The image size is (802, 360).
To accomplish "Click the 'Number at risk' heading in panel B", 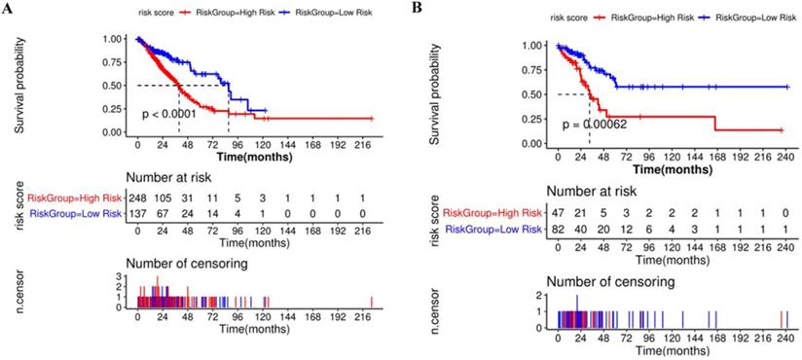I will (595, 192).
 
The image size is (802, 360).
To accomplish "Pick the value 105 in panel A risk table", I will (164, 198).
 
